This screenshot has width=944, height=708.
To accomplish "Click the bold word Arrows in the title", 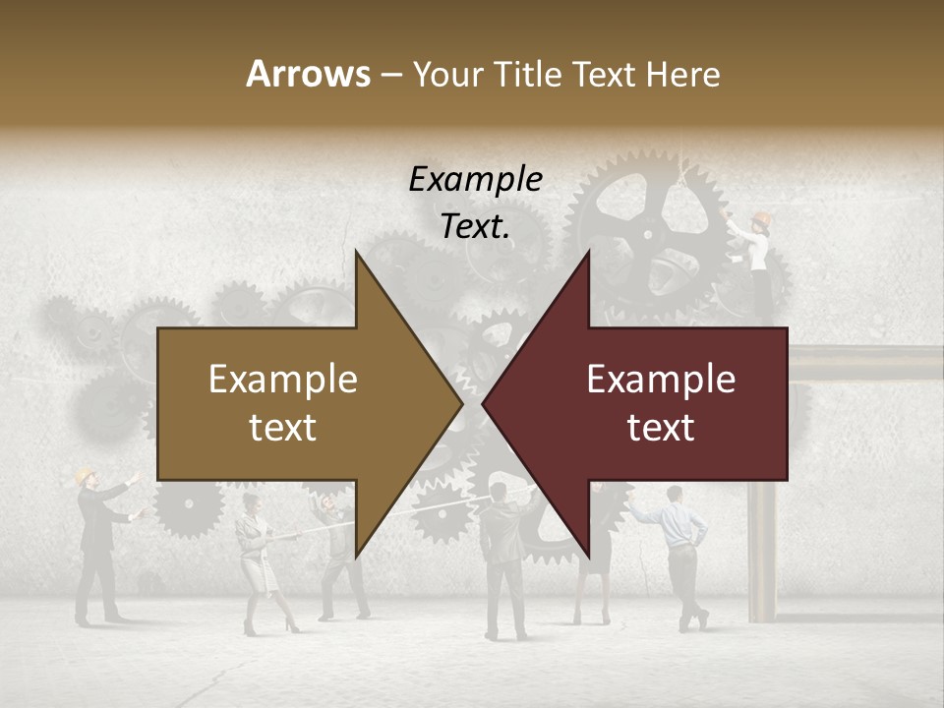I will [x=308, y=74].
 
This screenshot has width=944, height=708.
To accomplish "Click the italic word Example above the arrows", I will [x=475, y=180].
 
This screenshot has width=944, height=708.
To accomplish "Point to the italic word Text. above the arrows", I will [x=475, y=227].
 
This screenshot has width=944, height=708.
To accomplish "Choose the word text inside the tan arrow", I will [x=282, y=428].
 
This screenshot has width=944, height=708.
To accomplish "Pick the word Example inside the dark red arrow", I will [x=661, y=380].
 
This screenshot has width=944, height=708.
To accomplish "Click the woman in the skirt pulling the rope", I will [x=258, y=560].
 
